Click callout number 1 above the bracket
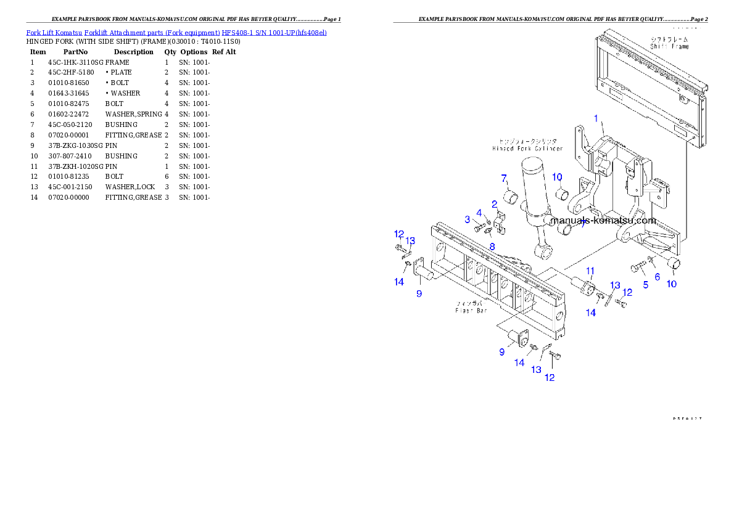(x=596, y=118)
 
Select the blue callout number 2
(x=494, y=204)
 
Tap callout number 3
(x=468, y=219)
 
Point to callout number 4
(x=479, y=213)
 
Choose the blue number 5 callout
(x=646, y=284)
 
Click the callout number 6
(x=658, y=277)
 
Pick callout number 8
(x=492, y=247)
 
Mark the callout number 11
(x=590, y=271)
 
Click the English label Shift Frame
(x=670, y=46)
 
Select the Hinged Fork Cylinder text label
(x=527, y=149)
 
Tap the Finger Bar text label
(x=471, y=311)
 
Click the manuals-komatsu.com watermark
(x=603, y=220)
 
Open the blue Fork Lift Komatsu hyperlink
(x=176, y=32)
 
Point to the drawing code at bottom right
(x=687, y=419)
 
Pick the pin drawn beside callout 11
(x=583, y=287)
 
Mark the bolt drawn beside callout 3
(x=480, y=229)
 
